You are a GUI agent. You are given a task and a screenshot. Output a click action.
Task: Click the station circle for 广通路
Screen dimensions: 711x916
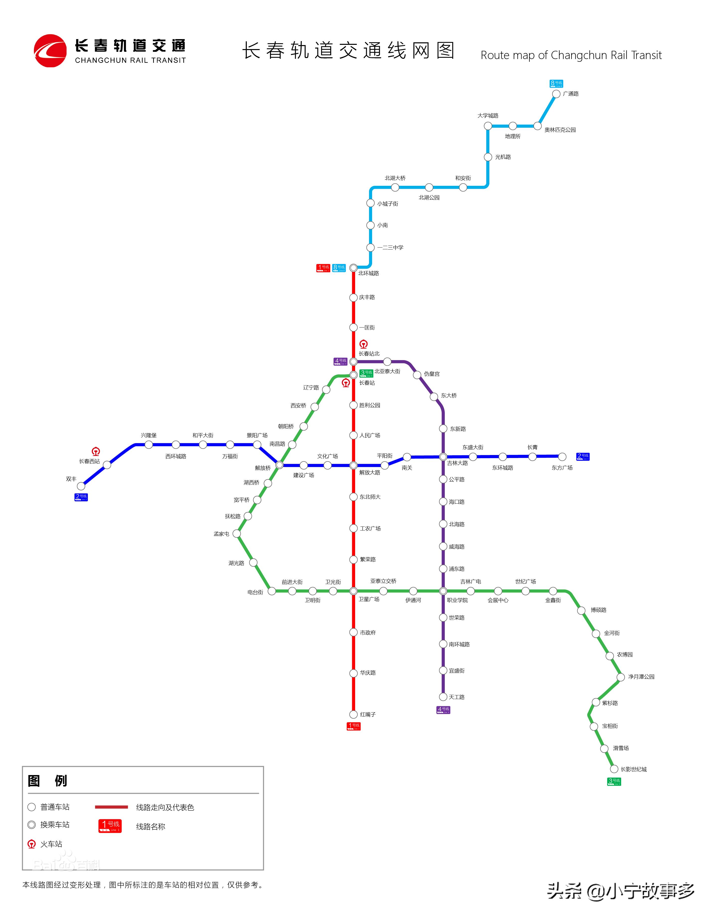click(x=556, y=94)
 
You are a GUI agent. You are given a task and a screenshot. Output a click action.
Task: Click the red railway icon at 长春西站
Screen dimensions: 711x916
click(x=96, y=452)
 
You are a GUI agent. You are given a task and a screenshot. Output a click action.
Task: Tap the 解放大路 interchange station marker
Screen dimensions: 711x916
click(x=354, y=465)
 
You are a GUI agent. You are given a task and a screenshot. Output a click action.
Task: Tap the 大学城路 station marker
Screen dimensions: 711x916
click(x=488, y=126)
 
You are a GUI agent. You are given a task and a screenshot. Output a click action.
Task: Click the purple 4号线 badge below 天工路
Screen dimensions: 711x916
click(x=443, y=710)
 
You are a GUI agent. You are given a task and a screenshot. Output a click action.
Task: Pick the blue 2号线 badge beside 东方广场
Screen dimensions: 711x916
click(x=583, y=456)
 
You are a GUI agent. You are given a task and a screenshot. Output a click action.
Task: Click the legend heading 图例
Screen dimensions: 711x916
click(x=47, y=781)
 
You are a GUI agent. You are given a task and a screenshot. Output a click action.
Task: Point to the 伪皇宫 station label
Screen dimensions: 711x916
click(x=432, y=374)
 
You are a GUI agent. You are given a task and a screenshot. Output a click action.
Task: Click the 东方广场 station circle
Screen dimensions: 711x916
click(x=562, y=457)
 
